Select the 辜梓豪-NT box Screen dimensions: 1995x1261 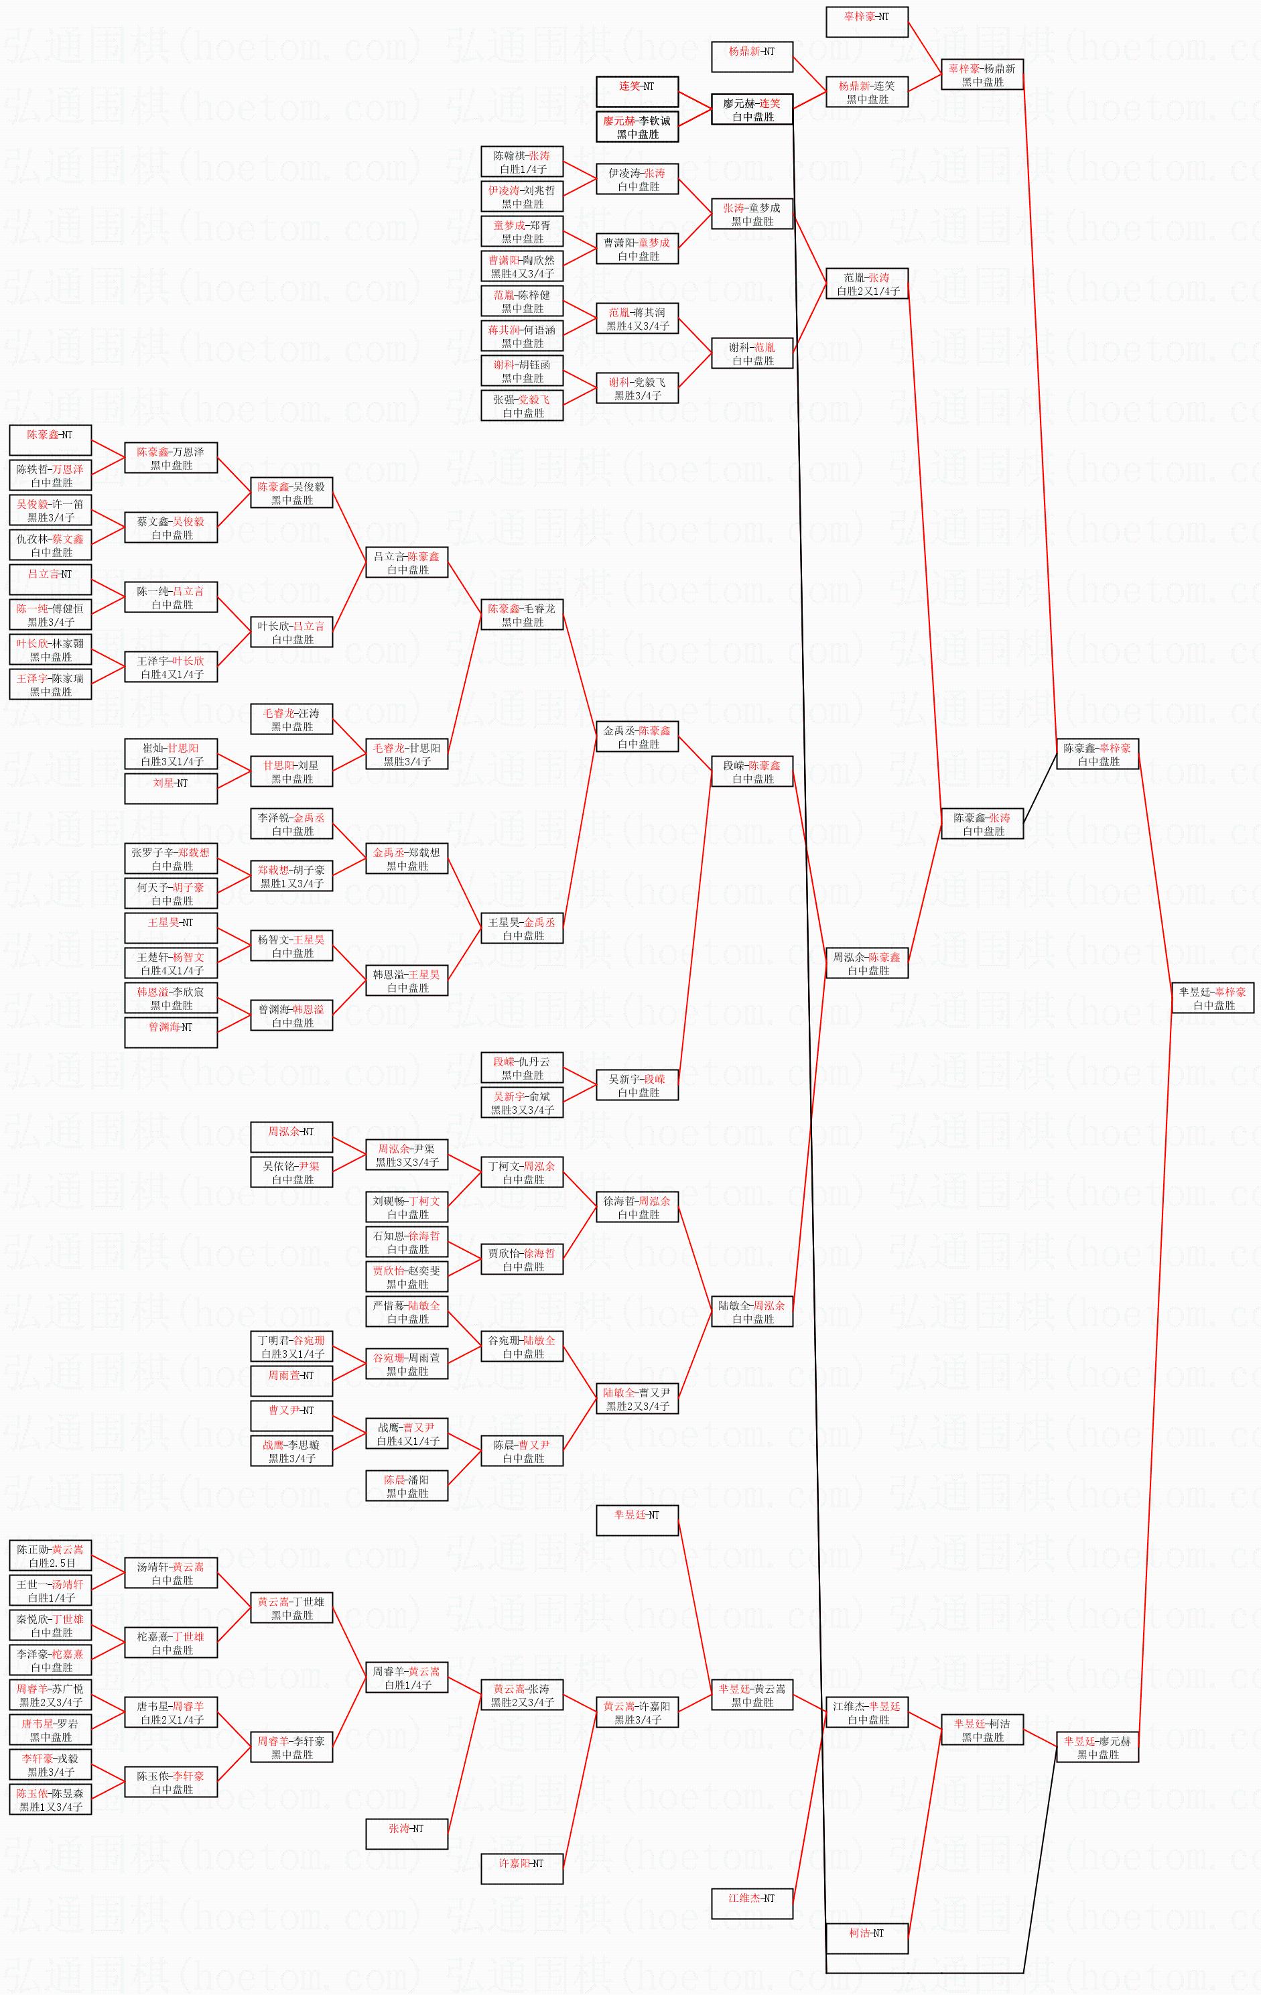(866, 21)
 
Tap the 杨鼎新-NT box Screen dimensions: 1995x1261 (752, 56)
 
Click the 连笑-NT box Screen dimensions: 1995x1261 (637, 91)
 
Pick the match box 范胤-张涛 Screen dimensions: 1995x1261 (866, 283)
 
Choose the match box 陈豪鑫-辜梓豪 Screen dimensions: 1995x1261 (1097, 754)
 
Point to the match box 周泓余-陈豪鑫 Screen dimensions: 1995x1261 (866, 963)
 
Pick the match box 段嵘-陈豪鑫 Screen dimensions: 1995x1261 (752, 771)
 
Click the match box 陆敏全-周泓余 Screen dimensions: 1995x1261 (752, 1311)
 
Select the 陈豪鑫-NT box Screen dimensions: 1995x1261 (50, 440)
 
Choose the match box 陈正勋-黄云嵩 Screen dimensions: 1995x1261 (50, 1555)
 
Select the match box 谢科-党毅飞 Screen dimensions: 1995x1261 (637, 388)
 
